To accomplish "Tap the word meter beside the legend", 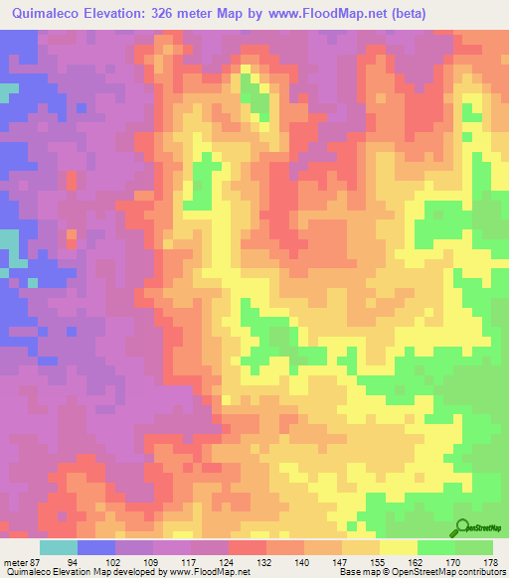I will point(16,561).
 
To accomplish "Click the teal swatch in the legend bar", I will point(59,547).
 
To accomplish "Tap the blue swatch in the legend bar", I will point(96,547).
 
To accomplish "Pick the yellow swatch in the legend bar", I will point(399,547).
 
